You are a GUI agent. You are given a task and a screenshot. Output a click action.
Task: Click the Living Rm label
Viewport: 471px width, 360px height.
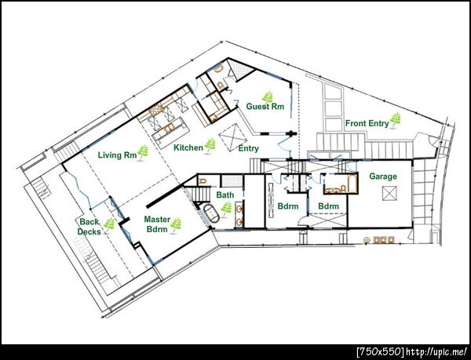pos(117,155)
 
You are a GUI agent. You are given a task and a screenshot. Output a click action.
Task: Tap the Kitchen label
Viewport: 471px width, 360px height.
pos(188,147)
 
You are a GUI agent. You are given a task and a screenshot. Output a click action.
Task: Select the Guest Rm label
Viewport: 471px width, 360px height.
pos(265,106)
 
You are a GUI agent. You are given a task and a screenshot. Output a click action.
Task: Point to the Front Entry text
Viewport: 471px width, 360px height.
pos(367,123)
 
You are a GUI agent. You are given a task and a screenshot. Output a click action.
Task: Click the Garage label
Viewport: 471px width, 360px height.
pos(383,176)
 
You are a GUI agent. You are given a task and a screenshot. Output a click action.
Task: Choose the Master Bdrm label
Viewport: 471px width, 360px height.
pos(157,224)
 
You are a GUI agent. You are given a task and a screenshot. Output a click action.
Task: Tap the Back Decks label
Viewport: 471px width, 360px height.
pos(89,227)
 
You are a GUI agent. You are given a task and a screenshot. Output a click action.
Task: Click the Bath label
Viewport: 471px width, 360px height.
pos(225,195)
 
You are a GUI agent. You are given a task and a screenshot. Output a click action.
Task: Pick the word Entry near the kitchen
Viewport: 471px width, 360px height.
pos(248,148)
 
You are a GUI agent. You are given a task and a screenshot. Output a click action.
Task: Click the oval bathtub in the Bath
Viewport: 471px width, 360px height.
pos(211,213)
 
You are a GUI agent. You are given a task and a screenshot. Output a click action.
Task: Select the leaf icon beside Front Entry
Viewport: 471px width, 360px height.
pos(396,120)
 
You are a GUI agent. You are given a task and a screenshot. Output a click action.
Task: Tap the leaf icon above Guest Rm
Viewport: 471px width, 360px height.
pos(268,97)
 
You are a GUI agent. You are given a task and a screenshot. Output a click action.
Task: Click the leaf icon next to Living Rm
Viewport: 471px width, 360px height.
pos(143,152)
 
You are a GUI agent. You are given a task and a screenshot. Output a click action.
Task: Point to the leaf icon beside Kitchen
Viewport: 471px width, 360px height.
pos(210,146)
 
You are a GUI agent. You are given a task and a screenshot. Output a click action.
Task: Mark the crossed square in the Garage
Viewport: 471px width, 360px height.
pos(390,193)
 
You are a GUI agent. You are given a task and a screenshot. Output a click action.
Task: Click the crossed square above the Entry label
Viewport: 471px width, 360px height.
pos(233,138)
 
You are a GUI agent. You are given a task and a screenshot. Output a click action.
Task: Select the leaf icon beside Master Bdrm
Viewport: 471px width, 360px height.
pos(176,224)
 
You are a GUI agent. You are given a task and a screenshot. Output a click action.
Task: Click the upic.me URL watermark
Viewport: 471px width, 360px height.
pos(412,351)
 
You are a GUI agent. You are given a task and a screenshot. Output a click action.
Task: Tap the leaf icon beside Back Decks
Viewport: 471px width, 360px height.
pos(109,224)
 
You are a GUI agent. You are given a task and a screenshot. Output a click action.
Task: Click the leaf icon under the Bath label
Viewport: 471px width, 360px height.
pos(227,208)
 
